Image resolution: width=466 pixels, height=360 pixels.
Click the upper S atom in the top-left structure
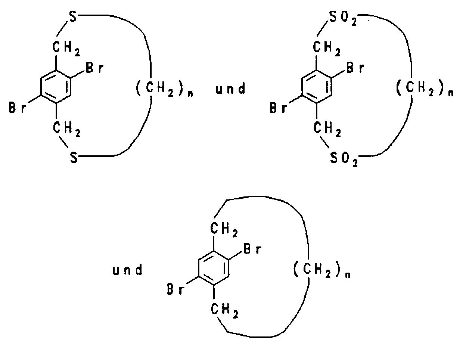click(x=74, y=17)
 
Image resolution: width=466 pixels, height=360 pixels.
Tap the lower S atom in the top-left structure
click(x=74, y=158)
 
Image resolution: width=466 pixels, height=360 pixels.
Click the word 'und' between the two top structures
click(x=231, y=89)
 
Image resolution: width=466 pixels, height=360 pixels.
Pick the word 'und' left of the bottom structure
click(x=127, y=270)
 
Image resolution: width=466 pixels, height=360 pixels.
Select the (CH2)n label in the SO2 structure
click(x=423, y=89)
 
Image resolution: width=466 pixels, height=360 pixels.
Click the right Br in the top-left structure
click(x=95, y=69)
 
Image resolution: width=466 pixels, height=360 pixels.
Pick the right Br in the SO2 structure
click(x=355, y=68)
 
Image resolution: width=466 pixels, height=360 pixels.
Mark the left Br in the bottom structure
click(x=176, y=290)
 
